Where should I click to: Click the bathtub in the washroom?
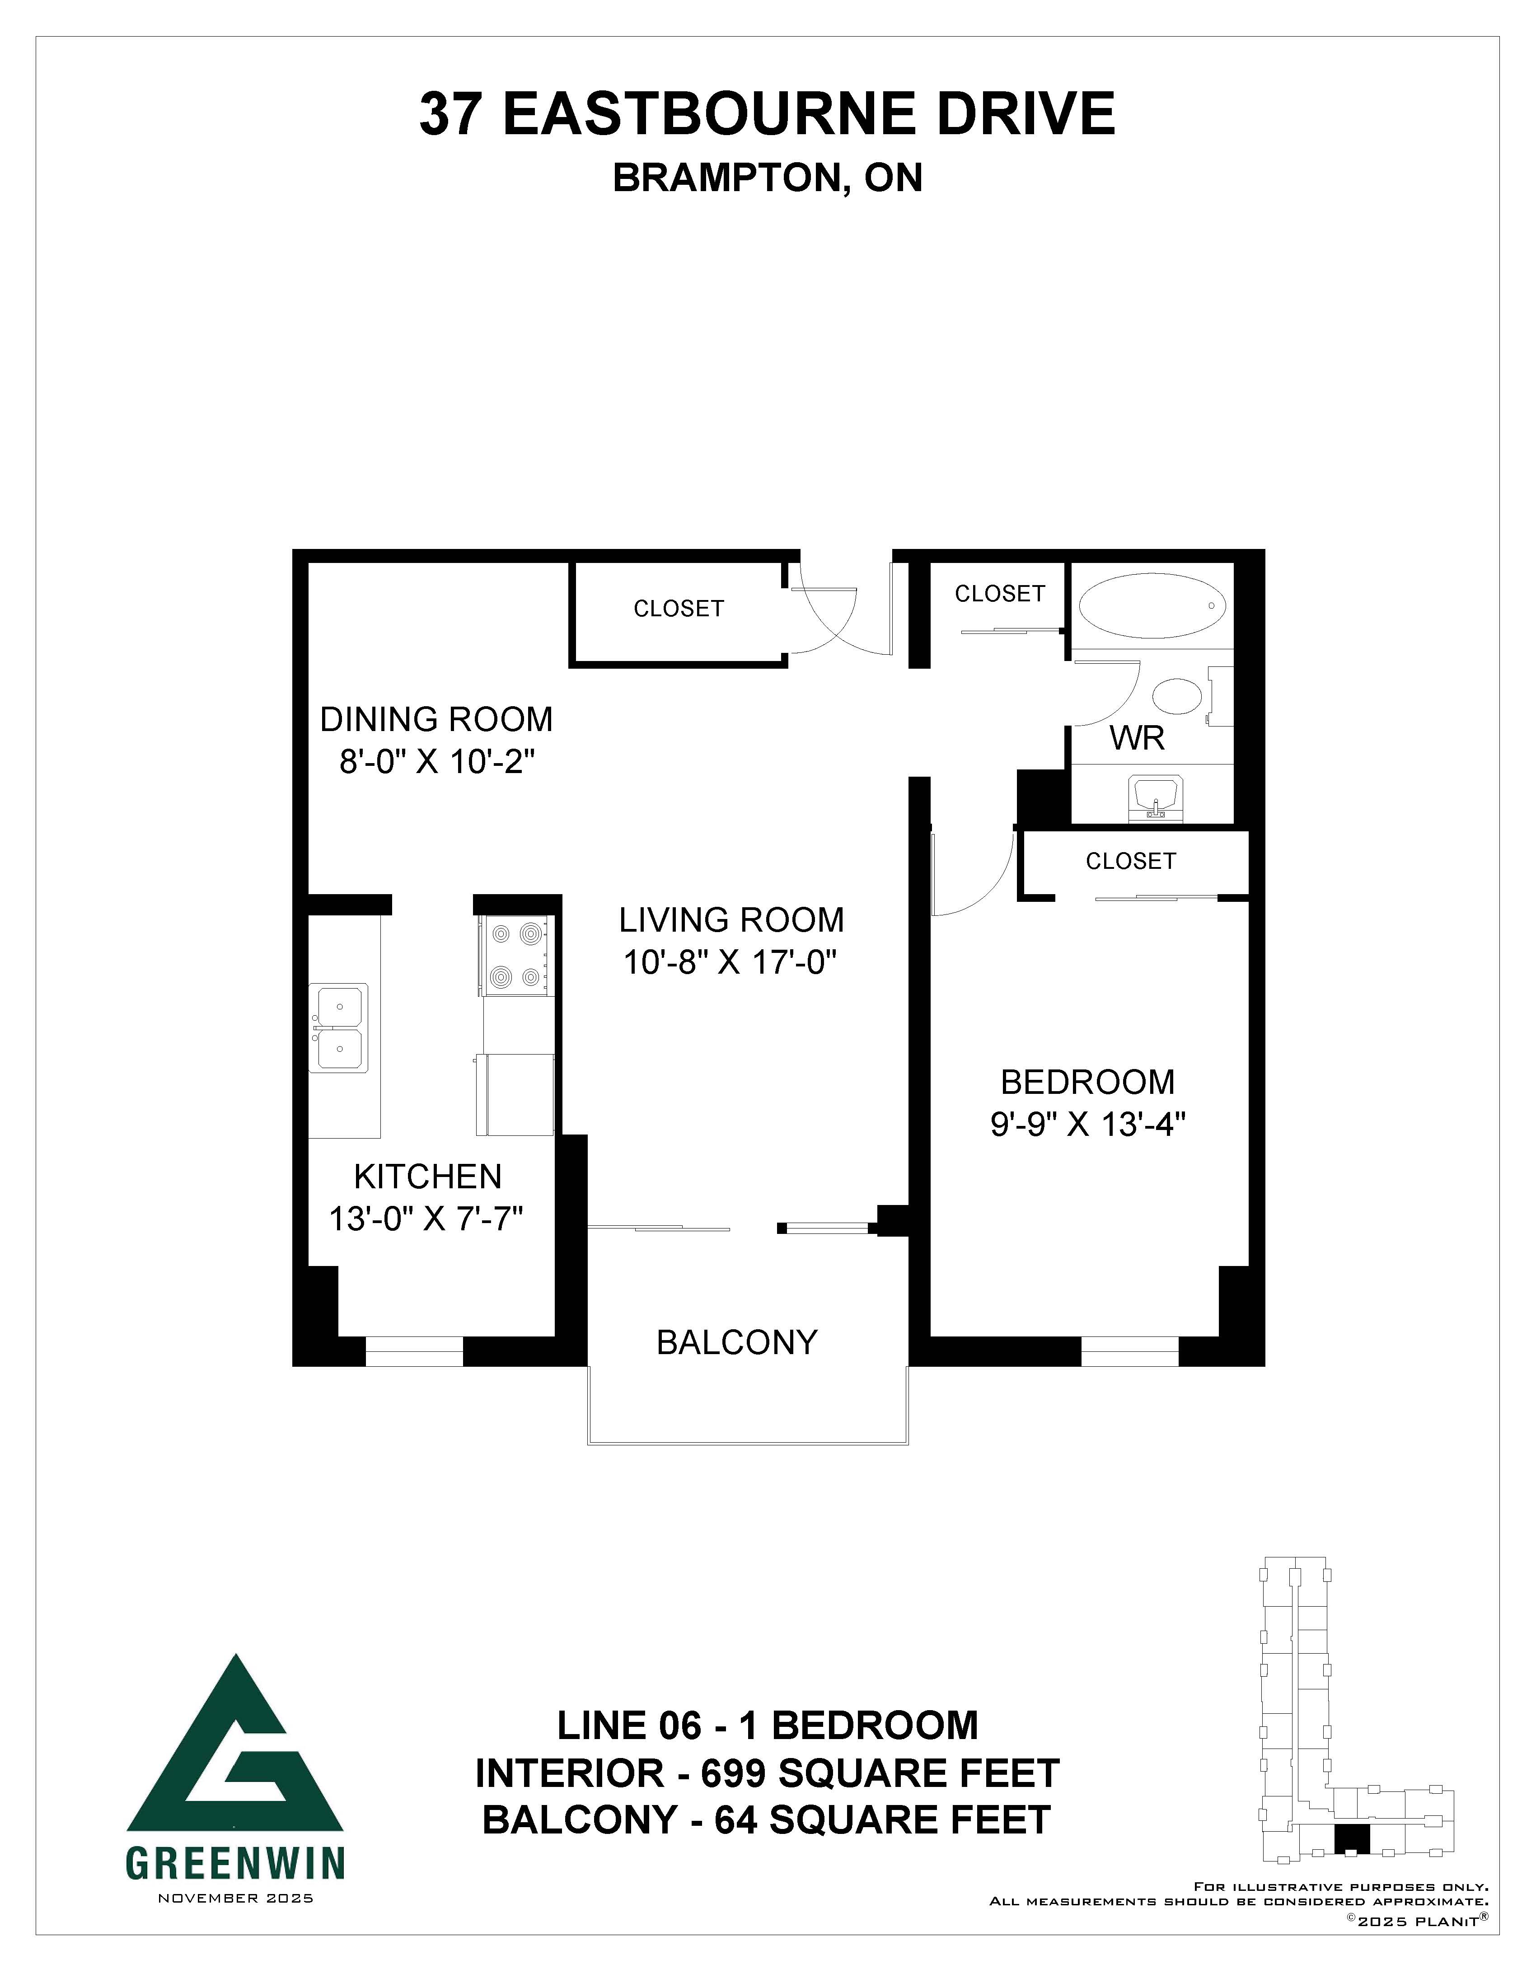(x=1152, y=605)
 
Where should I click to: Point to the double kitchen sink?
(x=339, y=1027)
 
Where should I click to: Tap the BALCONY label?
(x=737, y=1342)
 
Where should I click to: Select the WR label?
(x=1138, y=738)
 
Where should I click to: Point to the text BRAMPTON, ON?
(x=768, y=178)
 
